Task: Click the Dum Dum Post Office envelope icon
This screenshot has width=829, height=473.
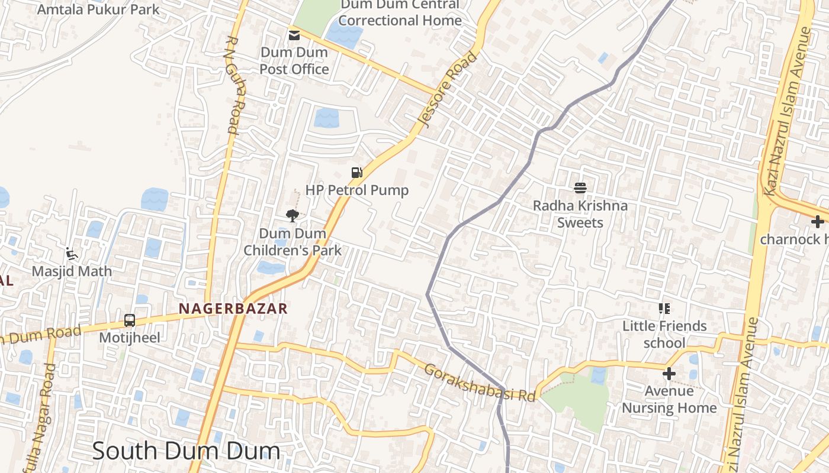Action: click(294, 35)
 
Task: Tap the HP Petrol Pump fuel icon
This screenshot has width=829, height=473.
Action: click(356, 173)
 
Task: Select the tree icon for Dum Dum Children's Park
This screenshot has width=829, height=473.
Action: click(292, 216)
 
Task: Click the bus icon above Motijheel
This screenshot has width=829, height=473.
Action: click(130, 321)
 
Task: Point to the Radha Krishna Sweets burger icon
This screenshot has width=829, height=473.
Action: click(580, 188)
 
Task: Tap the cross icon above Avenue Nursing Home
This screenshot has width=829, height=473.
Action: click(669, 374)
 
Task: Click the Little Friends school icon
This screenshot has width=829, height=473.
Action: click(664, 309)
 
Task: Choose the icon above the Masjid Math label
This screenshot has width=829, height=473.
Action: click(72, 254)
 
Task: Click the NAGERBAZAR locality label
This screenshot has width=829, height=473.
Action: click(233, 308)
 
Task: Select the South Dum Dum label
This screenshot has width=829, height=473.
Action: click(186, 451)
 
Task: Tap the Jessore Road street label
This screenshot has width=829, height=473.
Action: click(447, 89)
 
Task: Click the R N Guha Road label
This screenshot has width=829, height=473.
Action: click(233, 86)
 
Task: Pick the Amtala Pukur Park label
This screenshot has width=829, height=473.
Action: click(98, 9)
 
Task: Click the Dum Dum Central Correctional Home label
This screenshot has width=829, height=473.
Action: click(400, 12)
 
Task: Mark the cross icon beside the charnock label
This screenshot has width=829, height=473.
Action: click(818, 222)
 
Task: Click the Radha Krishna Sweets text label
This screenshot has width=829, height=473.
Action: click(580, 214)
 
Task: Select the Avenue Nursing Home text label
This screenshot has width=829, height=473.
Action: click(669, 400)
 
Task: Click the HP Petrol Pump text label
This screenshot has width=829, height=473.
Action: click(357, 190)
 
